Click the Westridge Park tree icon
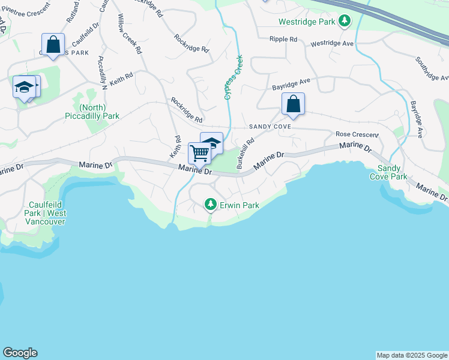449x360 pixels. pyautogui.click(x=344, y=22)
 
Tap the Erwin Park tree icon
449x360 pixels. pyautogui.click(x=210, y=205)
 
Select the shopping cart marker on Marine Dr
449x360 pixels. pyautogui.click(x=199, y=153)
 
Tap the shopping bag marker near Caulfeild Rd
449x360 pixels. pyautogui.click(x=53, y=44)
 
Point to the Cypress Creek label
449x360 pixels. pyautogui.click(x=233, y=77)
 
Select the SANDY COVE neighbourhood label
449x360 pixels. pyautogui.click(x=270, y=127)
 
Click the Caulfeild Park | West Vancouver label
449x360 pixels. pyautogui.click(x=45, y=217)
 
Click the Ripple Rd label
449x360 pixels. pyautogui.click(x=283, y=39)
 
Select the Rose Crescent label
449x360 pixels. pyautogui.click(x=357, y=134)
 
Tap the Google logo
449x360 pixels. pyautogui.click(x=20, y=353)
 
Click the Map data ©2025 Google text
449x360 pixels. pyautogui.click(x=412, y=355)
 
